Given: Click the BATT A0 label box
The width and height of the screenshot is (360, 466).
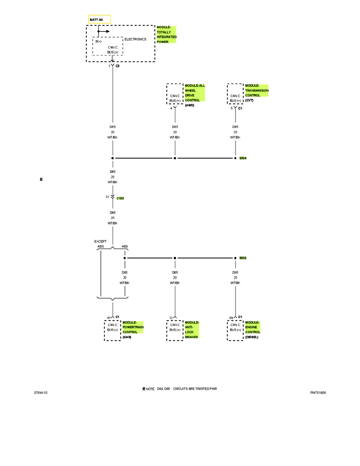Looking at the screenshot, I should pos(100,19).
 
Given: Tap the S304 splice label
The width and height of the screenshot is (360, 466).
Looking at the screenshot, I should pos(243,158).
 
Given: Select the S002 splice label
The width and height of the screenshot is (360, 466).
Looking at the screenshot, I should pos(243,258).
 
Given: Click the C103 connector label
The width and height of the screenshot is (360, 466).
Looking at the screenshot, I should pos(120,198).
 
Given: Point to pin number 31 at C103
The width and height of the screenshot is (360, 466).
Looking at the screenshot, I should pos(107,197).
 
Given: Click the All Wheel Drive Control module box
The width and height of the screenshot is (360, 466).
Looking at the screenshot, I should pos(175,94).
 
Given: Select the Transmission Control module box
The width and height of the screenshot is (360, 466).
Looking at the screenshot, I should pos(235,94).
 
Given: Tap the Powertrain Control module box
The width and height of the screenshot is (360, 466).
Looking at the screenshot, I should pos(113,330).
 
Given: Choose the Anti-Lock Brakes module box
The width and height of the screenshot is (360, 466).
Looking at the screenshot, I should pos(175,330).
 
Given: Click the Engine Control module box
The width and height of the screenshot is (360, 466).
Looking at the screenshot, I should pos(235,330).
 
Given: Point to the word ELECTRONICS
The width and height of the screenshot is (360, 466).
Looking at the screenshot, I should pos(135,39).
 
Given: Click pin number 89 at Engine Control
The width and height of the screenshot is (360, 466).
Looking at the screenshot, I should pos(231,318).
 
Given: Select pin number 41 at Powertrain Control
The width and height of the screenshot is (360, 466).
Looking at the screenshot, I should pos(109,318).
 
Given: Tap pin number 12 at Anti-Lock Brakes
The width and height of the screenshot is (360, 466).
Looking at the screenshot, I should pos(171,318).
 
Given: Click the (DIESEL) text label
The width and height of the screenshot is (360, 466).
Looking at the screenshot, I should pos(252,337).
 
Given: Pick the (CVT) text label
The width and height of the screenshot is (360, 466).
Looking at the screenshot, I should pos(249,100).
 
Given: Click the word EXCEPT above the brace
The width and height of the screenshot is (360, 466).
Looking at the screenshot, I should pos(100,242).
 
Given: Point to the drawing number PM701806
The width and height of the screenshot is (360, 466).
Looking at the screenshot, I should pos(318,392).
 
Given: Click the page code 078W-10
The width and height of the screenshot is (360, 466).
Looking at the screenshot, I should pos(41,392).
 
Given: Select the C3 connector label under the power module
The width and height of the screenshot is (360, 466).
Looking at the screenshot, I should pos(118,66).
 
